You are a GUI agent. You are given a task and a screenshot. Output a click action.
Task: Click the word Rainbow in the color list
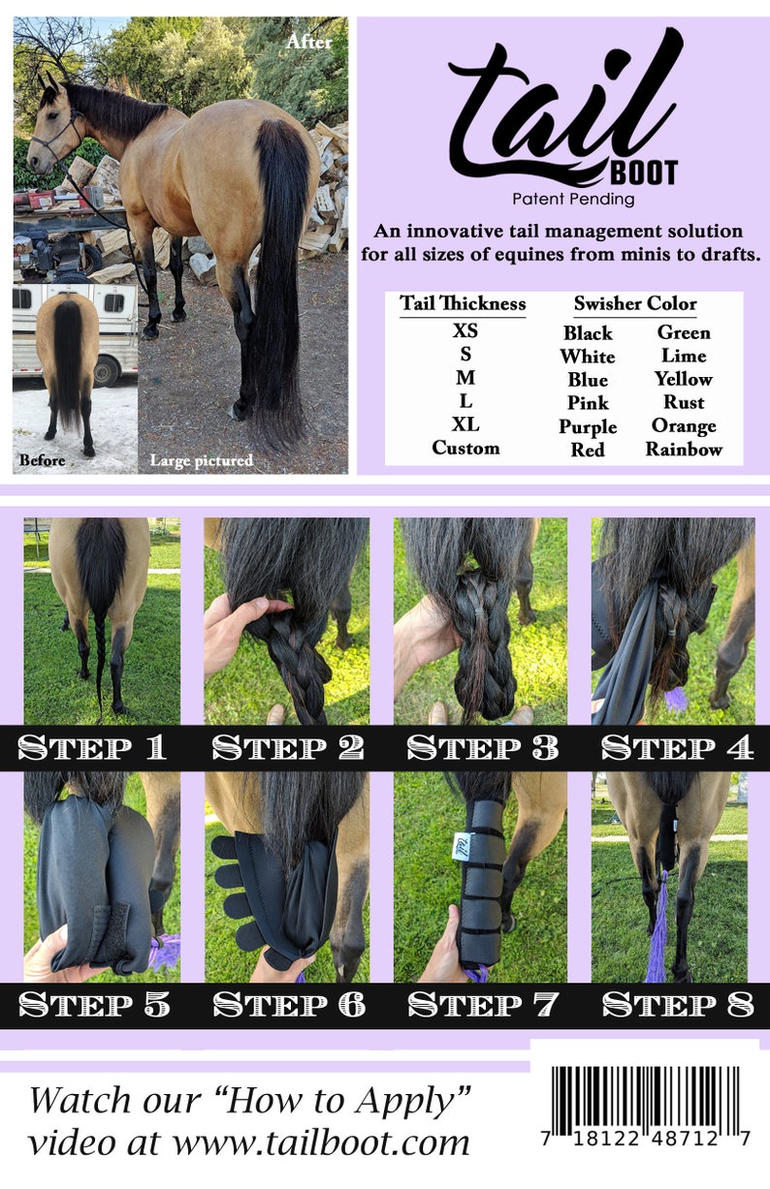(x=684, y=450)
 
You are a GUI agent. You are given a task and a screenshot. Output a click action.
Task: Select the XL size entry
(x=465, y=424)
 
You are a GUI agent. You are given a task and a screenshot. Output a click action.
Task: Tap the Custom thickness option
(x=465, y=448)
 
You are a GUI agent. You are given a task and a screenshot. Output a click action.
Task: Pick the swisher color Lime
(x=684, y=356)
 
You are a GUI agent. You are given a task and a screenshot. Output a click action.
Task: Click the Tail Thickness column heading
(x=463, y=303)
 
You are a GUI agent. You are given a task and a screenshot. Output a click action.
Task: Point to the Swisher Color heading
(x=634, y=303)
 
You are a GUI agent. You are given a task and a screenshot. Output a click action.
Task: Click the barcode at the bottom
(x=645, y=1106)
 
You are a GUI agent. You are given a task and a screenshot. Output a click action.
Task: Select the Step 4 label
(x=677, y=747)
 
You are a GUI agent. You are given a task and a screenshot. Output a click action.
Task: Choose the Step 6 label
(x=289, y=1005)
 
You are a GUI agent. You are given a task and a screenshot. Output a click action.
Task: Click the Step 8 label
(x=677, y=1005)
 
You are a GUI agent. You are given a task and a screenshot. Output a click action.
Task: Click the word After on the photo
(x=309, y=43)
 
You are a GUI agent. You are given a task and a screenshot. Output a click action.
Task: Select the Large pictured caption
(x=201, y=460)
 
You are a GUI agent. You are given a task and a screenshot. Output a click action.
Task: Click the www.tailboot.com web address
(x=320, y=1142)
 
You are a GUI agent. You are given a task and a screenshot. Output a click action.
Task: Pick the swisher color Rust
(x=684, y=402)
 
